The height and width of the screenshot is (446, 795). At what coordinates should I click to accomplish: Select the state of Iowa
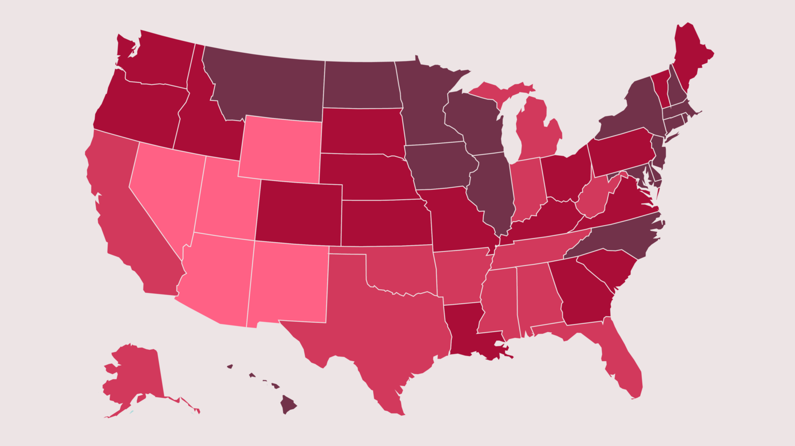440,166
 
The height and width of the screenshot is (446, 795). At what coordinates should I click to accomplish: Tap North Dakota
361,85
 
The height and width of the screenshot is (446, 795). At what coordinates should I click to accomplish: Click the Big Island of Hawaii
288,404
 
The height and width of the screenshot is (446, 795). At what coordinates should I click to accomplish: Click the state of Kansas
386,222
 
